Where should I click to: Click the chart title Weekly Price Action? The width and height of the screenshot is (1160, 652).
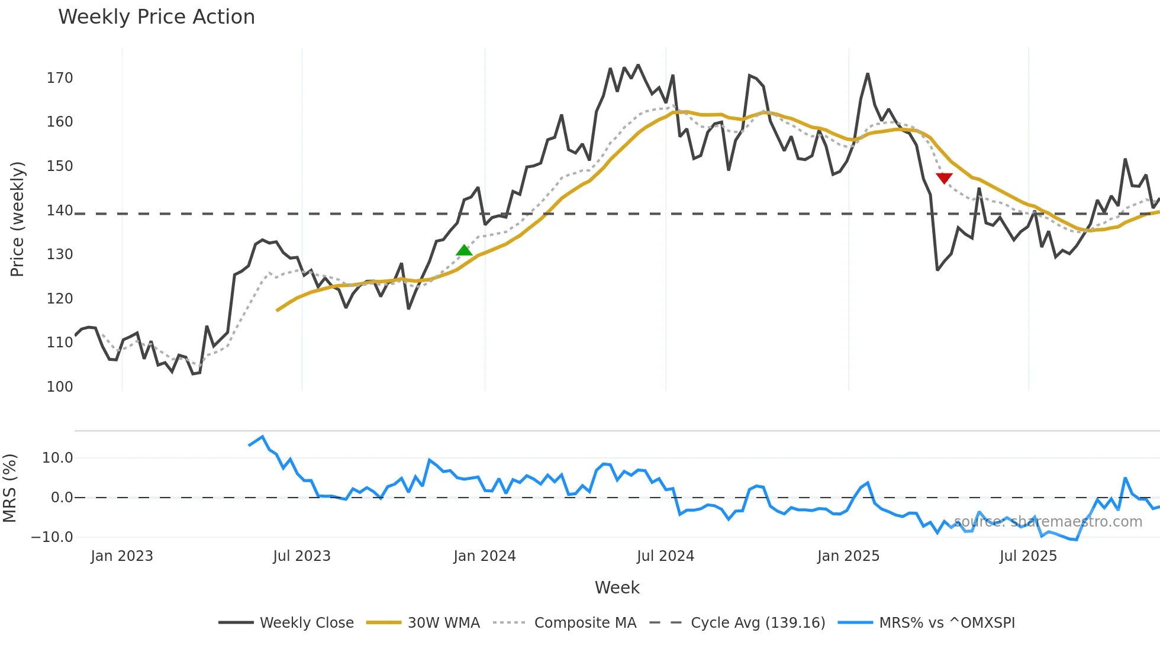point(156,17)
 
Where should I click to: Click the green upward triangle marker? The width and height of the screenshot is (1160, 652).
point(464,250)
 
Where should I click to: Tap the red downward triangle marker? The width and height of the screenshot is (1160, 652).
point(944,178)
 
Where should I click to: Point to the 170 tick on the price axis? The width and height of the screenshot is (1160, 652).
point(60,78)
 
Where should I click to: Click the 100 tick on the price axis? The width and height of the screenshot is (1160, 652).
point(60,387)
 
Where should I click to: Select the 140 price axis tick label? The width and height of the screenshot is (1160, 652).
point(60,210)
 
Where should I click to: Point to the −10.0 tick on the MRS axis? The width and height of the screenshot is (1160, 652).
point(52,537)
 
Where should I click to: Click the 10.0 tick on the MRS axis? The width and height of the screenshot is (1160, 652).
point(57,458)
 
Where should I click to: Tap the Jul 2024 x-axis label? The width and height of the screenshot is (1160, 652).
point(665,556)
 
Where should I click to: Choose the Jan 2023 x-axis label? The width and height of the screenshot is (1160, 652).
point(122,556)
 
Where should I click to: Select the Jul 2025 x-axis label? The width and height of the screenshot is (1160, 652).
point(1028,556)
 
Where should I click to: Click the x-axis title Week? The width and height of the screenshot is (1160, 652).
point(617,588)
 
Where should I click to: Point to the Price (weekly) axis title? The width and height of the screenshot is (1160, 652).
point(17,219)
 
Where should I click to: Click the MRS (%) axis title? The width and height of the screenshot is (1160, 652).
point(9,488)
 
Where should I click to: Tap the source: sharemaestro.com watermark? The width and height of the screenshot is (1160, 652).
point(1048,522)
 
